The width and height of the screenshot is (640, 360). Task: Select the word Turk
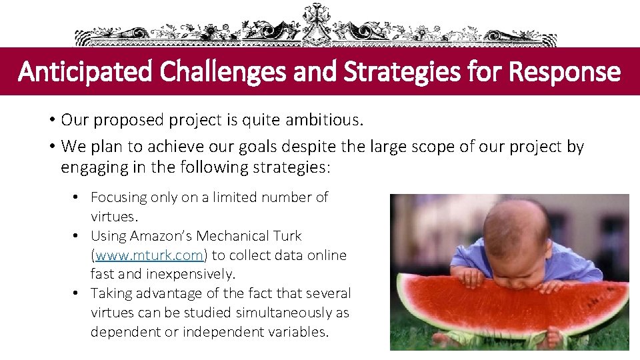click(288, 236)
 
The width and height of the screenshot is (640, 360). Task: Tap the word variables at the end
click(298, 331)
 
